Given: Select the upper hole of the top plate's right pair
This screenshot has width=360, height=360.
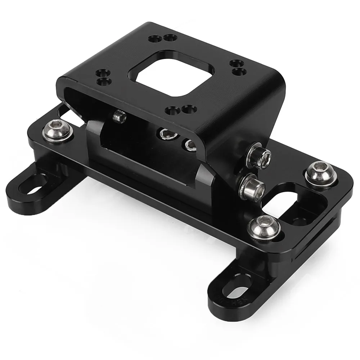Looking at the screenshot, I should point(234,63).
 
